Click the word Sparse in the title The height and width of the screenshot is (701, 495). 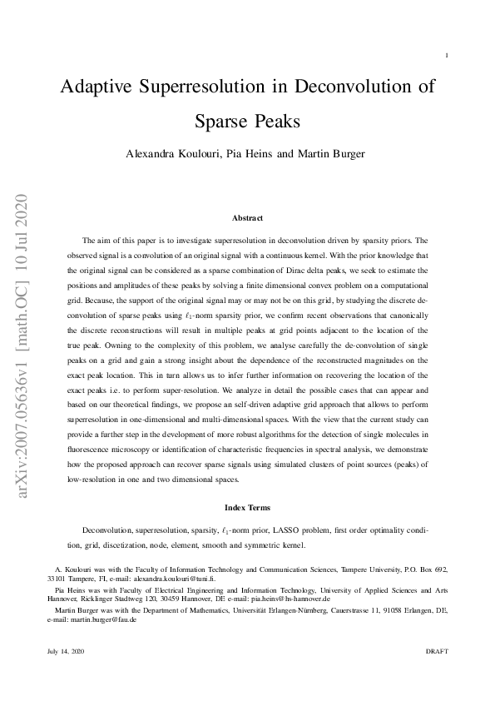pyautogui.click(x=223, y=122)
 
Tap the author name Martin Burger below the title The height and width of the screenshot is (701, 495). pyautogui.click(x=322, y=155)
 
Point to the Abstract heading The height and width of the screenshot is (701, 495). pyautogui.click(x=247, y=218)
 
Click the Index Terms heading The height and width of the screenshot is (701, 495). pyautogui.click(x=247, y=506)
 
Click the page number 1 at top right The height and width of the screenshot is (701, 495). pyautogui.click(x=448, y=56)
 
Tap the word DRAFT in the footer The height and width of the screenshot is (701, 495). pyautogui.click(x=437, y=650)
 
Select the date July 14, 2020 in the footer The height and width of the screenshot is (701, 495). pyautogui.click(x=64, y=650)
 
